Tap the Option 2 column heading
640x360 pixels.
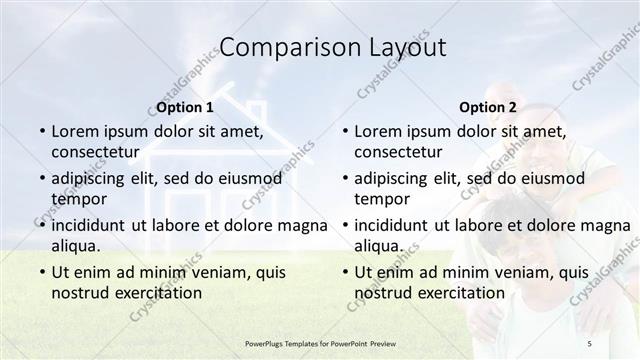coord(488,107)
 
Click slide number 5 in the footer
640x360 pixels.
coord(589,343)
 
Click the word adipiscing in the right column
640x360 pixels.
coord(395,178)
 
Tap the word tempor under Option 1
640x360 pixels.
coord(79,199)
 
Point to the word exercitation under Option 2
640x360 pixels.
coord(461,293)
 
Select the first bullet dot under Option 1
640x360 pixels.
coord(41,131)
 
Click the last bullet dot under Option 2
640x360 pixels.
coord(344,272)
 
